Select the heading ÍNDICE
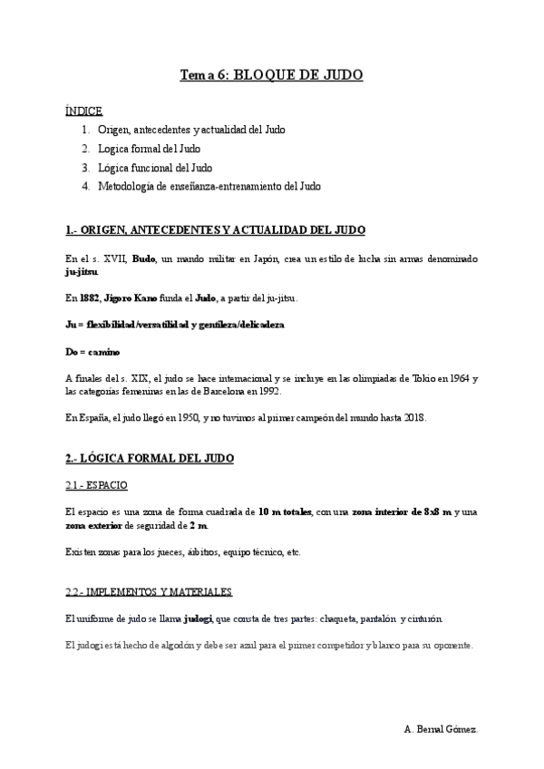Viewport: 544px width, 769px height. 83,112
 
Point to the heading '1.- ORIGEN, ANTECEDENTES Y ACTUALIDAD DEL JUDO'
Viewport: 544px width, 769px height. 216,229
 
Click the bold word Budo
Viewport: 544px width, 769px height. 143,258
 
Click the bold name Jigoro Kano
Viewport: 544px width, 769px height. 137,297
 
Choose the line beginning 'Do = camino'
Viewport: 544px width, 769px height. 92,351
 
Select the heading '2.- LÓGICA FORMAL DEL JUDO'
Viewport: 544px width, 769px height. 150,459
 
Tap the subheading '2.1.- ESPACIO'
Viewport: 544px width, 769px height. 96,485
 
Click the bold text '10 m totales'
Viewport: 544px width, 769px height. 285,512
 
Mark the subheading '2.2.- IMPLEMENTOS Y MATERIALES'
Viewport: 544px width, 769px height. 149,592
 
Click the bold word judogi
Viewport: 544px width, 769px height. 198,618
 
